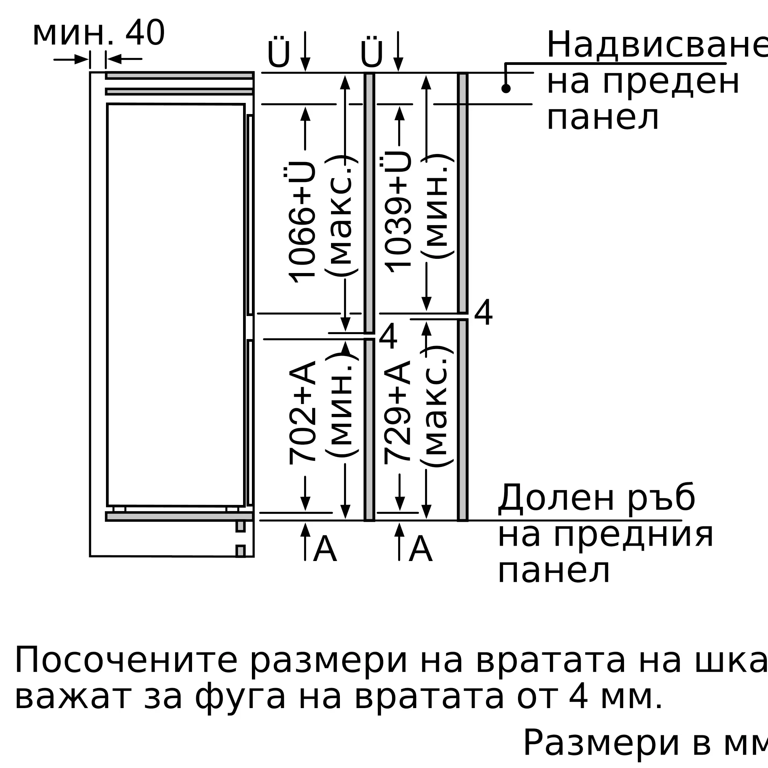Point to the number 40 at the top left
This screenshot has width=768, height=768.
tap(145, 34)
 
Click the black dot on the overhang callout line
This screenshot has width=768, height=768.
tap(506, 89)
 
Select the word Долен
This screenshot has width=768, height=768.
tap(556, 498)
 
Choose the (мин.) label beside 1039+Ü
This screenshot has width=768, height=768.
tap(437, 207)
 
